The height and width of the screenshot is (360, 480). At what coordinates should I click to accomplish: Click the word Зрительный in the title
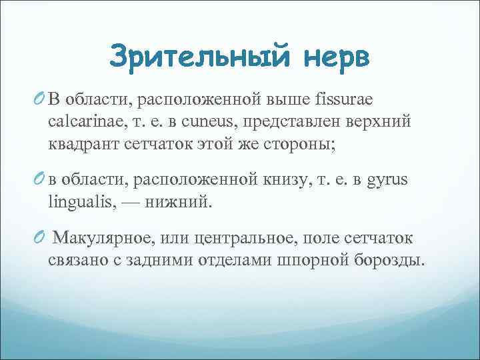tap(197, 56)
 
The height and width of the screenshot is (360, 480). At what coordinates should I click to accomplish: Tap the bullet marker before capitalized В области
tap(37, 99)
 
